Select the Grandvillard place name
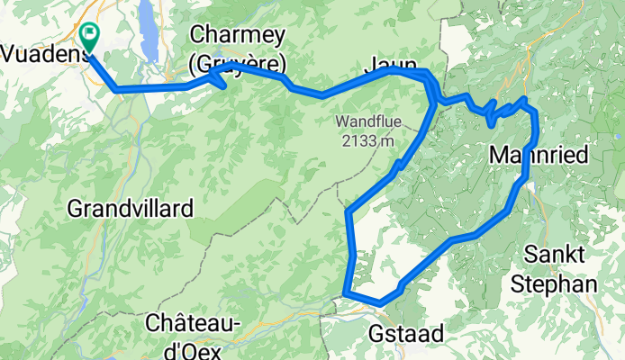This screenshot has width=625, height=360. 131,210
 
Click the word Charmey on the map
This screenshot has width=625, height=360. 238,36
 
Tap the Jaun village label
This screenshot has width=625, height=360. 390,64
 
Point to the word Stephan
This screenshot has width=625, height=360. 553,284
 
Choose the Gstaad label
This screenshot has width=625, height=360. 406,334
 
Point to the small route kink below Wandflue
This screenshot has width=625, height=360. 398,164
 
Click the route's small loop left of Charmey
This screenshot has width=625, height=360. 218,80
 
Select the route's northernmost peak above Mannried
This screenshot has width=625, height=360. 525,98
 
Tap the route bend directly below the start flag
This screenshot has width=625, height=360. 115,89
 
